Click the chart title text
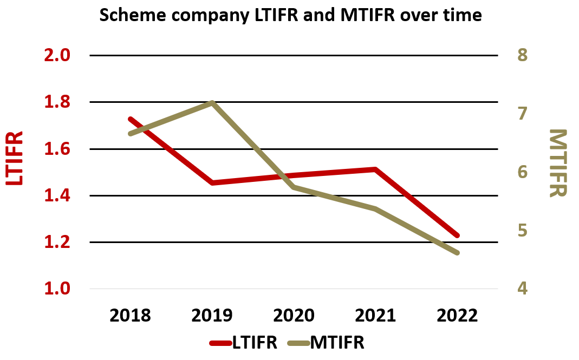pos(290,15)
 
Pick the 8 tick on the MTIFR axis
pos(522,55)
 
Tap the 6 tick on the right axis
pos(522,172)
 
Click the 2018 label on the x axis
pos(131,315)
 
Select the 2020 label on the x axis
pos(294,315)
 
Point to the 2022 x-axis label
pos(457,315)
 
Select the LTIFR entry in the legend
pos(244,343)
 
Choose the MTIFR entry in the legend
pos(326,343)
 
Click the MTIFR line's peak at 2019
pos(212,102)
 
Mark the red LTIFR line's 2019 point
pos(212,182)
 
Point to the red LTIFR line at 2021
pos(375,169)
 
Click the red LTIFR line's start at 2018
pos(131,119)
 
